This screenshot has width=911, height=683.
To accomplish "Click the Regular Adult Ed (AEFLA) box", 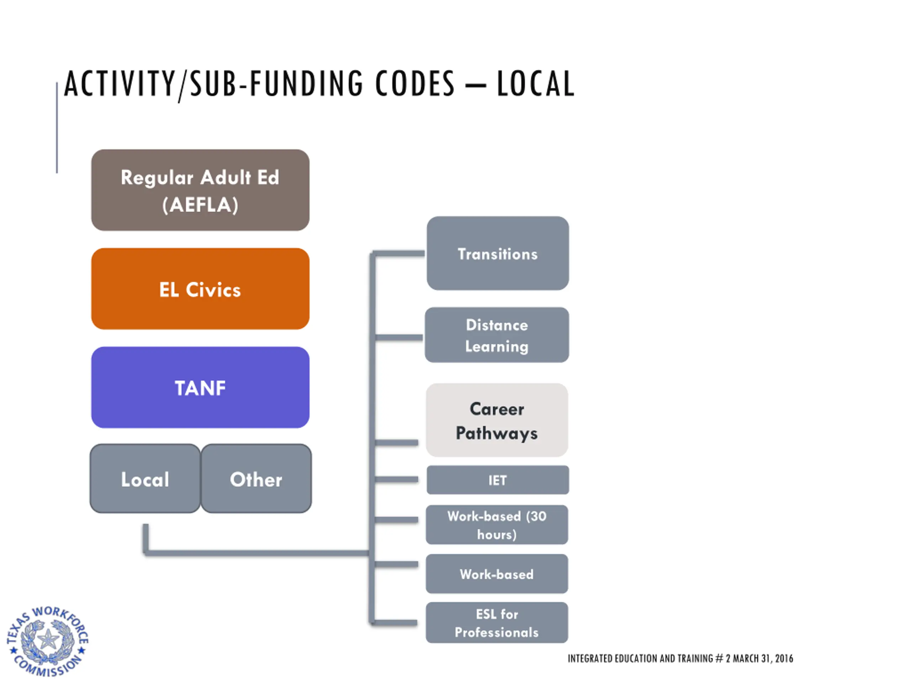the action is (x=200, y=190).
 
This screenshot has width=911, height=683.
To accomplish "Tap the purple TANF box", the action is (x=200, y=387).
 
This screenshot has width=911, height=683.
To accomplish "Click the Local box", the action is (x=145, y=478).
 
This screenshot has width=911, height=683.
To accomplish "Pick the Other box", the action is (x=256, y=478).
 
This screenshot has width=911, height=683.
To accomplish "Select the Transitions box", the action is (x=497, y=254).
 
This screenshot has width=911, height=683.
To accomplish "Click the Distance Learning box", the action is (x=497, y=335).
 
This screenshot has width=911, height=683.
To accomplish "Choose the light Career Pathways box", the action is (x=497, y=420).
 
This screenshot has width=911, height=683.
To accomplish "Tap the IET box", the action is (x=497, y=480).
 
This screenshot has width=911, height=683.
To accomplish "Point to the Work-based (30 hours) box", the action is (x=497, y=525).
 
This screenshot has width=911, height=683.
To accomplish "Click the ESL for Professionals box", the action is (x=497, y=623).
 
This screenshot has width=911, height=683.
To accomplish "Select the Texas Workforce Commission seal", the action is (x=48, y=641).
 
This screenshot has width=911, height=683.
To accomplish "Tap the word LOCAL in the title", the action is (x=536, y=84).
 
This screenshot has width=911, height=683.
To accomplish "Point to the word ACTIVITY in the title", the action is (x=120, y=84).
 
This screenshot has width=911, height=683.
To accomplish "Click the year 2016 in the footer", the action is (x=784, y=659).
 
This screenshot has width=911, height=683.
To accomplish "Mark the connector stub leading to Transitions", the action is (x=399, y=253).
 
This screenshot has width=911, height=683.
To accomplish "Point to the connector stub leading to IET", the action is (x=396, y=480).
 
